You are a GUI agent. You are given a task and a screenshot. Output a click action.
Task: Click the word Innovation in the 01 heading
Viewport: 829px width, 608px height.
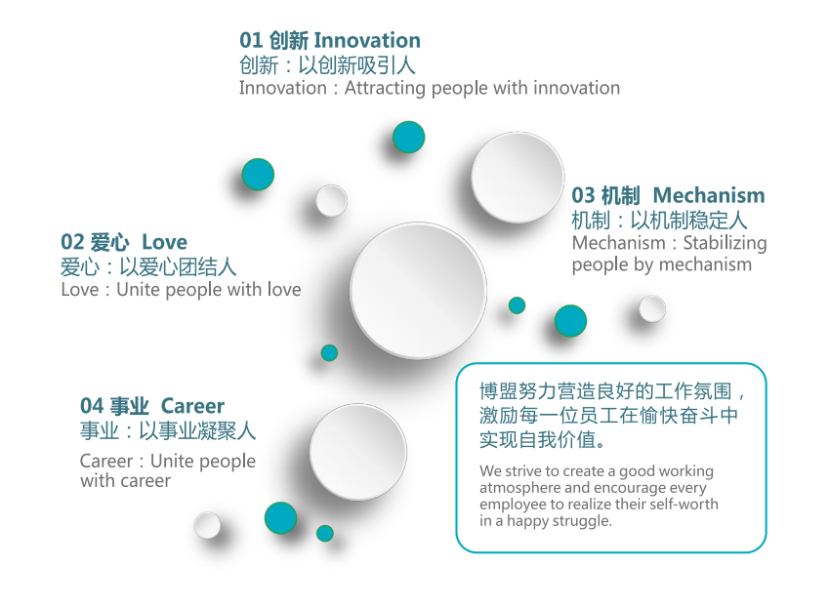pos(367,40)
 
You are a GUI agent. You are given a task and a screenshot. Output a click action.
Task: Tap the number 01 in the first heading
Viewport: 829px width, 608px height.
pos(251,40)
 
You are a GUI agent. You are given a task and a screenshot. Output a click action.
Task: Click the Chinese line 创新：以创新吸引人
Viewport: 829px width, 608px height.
pos(327,65)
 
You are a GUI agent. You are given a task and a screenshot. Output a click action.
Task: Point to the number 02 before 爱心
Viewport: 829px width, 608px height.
pos(72,242)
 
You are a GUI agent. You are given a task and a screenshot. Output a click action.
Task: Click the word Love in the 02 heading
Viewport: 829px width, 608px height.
pos(164,242)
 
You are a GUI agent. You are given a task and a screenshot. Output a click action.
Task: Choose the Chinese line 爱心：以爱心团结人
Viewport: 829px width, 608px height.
pos(148,266)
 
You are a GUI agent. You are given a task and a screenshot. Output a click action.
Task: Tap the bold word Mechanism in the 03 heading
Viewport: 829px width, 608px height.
pos(709,195)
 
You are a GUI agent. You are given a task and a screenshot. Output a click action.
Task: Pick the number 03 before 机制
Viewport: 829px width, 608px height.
pos(583,195)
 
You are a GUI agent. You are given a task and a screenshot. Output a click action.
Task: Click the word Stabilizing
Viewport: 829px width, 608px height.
pos(725,243)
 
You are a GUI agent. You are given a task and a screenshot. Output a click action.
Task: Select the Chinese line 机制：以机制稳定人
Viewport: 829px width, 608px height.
pos(659,220)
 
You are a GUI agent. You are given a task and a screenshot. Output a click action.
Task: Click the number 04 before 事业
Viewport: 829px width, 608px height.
pos(92,406)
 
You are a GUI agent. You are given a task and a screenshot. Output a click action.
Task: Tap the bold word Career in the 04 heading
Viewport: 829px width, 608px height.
pos(192,406)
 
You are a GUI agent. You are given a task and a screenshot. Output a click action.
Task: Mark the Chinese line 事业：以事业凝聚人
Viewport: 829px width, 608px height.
pos(168,430)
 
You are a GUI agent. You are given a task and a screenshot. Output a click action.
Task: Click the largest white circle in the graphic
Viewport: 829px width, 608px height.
pos(418,291)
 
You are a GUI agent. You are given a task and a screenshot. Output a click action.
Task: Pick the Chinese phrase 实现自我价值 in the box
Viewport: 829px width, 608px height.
pos(538,439)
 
